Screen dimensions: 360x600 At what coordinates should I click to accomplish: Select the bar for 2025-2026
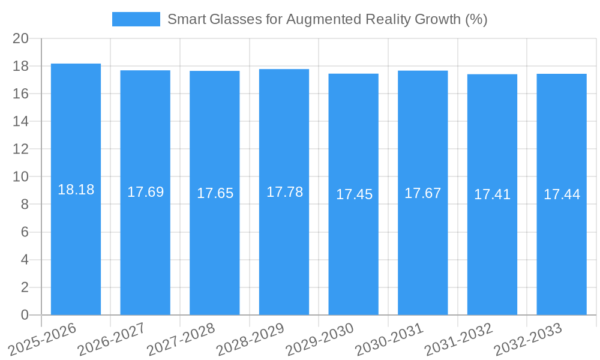click(76, 240)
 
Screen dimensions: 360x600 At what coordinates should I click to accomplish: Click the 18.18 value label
click(76, 190)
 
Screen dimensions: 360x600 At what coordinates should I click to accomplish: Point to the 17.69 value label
click(145, 192)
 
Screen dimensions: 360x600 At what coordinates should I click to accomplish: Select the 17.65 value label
click(215, 193)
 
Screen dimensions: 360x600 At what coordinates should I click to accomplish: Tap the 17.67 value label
click(422, 193)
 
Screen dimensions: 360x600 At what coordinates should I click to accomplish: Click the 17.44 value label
click(562, 194)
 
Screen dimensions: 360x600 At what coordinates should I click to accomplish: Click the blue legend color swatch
click(136, 19)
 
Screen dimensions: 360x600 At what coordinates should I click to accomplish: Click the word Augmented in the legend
click(324, 19)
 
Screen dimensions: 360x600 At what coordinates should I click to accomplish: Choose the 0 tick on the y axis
click(25, 315)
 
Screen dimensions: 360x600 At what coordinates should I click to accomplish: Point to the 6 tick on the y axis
click(25, 232)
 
